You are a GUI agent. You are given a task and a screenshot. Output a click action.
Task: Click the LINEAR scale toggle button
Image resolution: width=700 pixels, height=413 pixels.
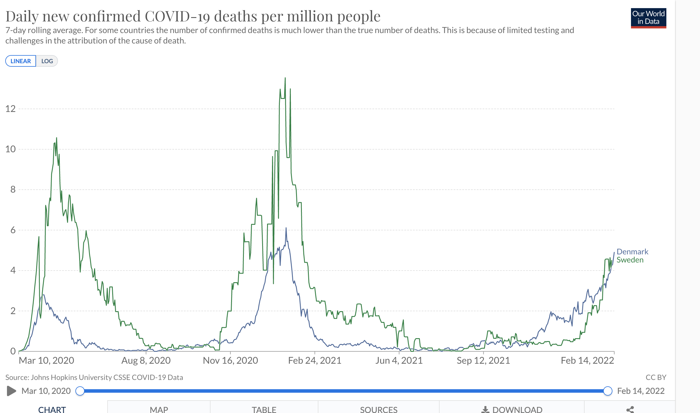click(x=21, y=61)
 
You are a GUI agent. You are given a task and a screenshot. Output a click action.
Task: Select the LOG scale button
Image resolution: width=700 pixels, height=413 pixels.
click(x=47, y=61)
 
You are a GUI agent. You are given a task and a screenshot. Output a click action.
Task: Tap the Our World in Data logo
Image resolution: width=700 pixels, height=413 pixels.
click(x=648, y=18)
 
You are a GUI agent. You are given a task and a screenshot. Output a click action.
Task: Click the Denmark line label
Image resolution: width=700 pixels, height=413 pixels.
click(x=632, y=252)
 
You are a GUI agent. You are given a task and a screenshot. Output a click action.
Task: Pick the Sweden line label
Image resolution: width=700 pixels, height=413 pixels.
click(x=630, y=260)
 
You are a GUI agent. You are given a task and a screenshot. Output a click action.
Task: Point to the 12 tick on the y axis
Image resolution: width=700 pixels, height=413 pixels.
click(x=10, y=109)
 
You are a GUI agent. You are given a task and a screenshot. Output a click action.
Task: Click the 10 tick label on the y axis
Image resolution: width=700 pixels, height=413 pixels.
click(x=10, y=149)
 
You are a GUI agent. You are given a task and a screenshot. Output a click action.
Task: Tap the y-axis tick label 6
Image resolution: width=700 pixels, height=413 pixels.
click(x=13, y=230)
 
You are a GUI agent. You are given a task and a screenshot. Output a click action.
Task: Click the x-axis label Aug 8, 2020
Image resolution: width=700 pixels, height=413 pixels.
click(x=146, y=361)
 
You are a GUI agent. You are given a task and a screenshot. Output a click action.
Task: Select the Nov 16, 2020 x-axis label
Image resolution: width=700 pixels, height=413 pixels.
click(x=230, y=361)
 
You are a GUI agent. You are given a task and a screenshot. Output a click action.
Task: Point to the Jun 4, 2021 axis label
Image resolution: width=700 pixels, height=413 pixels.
click(x=399, y=361)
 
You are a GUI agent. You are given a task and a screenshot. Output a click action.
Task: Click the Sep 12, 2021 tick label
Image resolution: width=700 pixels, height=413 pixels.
click(x=483, y=361)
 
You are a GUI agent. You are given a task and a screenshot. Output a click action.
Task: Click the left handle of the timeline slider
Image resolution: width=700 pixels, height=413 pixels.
click(x=80, y=391)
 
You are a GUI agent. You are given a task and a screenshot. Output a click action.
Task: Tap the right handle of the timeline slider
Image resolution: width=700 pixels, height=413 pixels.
click(x=607, y=391)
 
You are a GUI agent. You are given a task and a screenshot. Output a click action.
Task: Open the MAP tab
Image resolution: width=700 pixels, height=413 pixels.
click(x=159, y=409)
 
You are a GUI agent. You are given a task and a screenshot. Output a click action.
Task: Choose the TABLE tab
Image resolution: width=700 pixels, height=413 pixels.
click(x=264, y=409)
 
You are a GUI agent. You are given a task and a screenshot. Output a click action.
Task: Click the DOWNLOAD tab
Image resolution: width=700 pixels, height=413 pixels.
click(x=512, y=409)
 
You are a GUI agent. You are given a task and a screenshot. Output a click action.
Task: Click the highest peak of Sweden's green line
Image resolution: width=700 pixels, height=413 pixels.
click(x=285, y=78)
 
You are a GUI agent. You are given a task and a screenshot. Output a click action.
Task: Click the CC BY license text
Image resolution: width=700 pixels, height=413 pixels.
click(x=656, y=377)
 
